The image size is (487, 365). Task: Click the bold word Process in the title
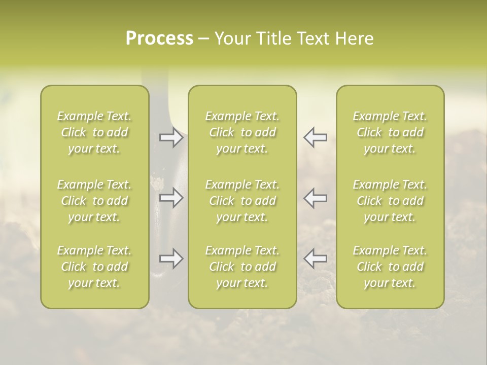pos(159,39)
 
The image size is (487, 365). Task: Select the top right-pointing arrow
pos(171,137)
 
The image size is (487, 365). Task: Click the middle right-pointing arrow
pos(171,198)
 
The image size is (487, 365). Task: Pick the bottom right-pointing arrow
pos(171,259)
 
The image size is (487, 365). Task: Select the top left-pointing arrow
pos(315,137)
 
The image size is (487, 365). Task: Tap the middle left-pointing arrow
pos(315,198)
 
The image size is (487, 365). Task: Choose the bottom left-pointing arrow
pos(315,259)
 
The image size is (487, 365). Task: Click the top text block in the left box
pos(94,132)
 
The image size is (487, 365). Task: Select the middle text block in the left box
pos(94,201)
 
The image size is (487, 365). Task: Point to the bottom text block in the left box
pos(94,267)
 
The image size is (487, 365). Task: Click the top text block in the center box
pos(242,132)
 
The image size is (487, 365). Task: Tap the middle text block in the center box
pos(242,201)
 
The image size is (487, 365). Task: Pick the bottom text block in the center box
pos(242,267)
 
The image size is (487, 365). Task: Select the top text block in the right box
pos(390,132)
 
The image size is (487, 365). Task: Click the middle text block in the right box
pos(390,201)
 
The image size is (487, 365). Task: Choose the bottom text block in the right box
pos(390,267)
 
